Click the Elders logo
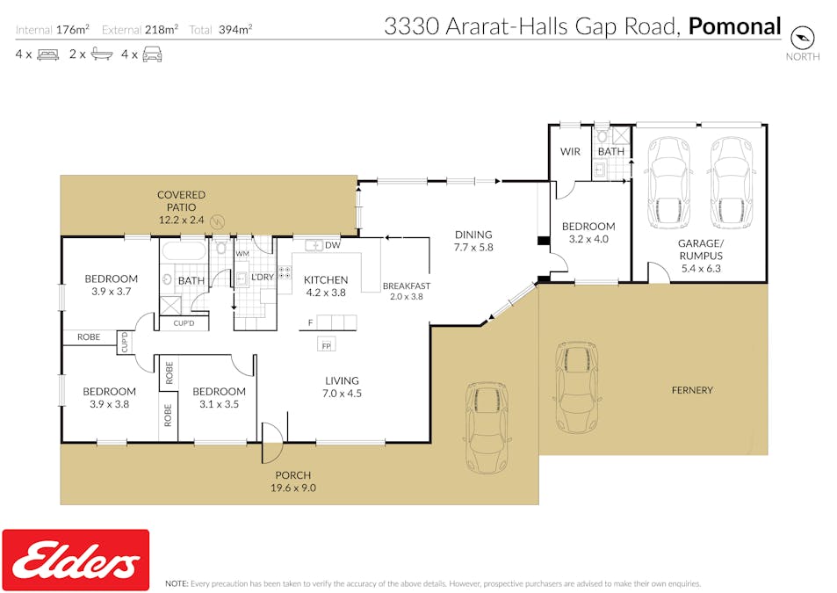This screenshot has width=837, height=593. click(76, 560)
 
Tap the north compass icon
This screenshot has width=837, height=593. click(802, 38)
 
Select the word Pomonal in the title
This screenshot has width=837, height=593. click(734, 26)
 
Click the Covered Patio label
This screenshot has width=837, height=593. click(182, 207)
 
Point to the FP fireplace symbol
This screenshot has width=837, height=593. click(326, 344)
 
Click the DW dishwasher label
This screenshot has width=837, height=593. click(333, 245)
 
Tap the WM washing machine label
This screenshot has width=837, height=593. click(242, 254)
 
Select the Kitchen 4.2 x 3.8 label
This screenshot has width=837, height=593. click(326, 286)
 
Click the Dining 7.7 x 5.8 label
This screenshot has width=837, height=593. click(473, 241)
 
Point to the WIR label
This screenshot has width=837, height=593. click(570, 152)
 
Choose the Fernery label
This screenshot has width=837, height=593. click(692, 390)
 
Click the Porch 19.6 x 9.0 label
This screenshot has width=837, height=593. click(293, 481)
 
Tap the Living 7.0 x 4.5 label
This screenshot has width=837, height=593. click(343, 387)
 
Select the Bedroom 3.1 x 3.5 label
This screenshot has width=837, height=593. click(219, 398)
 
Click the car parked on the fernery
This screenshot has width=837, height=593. click(576, 387)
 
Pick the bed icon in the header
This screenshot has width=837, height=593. click(48, 54)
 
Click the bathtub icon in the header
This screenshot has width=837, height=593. click(101, 54)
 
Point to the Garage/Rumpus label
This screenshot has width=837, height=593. click(701, 256)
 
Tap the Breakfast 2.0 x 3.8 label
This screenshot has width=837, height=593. click(407, 291)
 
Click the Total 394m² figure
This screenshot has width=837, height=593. click(220, 30)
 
